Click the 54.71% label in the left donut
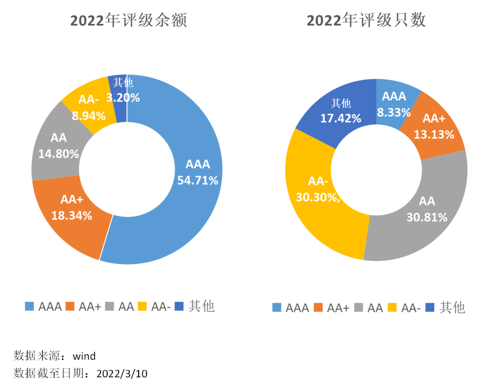(x=198, y=180)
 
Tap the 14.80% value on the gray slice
(x=58, y=153)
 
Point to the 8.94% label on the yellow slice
(x=89, y=116)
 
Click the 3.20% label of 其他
(x=123, y=97)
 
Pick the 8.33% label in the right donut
(x=394, y=112)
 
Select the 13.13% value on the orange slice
(x=434, y=134)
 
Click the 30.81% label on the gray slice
(x=427, y=217)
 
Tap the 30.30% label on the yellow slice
(x=318, y=197)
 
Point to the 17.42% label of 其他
(x=340, y=118)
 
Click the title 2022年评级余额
(x=128, y=21)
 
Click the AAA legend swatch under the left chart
(x=30, y=306)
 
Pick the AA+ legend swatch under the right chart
(x=318, y=307)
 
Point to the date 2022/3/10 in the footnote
(x=122, y=373)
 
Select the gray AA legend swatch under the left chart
(x=110, y=306)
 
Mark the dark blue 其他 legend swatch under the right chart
(x=430, y=307)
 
